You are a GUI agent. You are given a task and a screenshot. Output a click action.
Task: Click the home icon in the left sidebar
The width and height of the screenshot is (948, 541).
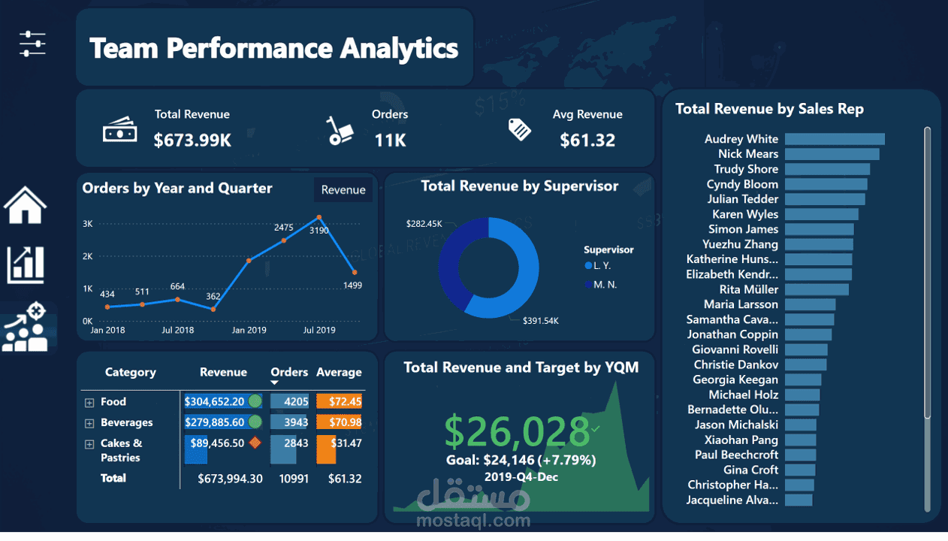pos(25,205)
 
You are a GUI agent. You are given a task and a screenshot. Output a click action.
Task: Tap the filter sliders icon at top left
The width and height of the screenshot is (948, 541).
pos(32,44)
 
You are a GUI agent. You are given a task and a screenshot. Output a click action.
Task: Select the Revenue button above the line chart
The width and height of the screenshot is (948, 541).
pos(343,190)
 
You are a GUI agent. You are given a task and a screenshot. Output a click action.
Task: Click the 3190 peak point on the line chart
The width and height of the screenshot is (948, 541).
pos(319,218)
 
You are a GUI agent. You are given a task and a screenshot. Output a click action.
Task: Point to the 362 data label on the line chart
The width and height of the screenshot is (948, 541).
pos(213,297)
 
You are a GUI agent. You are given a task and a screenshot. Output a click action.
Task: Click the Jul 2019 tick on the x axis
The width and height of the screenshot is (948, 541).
pos(319,330)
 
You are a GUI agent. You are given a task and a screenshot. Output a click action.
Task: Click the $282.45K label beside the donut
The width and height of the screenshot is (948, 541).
pos(424,224)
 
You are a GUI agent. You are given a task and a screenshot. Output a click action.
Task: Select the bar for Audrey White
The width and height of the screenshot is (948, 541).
pos(835,139)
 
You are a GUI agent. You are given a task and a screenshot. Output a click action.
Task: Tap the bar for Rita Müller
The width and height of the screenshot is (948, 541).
pos(817,289)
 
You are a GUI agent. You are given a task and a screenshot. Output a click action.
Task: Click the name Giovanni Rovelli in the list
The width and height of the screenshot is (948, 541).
pos(735,349)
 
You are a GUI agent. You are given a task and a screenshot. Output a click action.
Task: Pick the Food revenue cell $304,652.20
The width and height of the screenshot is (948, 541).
pos(214,401)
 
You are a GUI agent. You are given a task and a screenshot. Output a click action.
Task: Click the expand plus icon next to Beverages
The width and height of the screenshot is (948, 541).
pos(89,424)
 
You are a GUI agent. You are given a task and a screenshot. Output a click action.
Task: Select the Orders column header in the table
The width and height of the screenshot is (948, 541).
pos(289,372)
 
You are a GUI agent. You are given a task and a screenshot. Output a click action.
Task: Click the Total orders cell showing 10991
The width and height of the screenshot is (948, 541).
pos(293,479)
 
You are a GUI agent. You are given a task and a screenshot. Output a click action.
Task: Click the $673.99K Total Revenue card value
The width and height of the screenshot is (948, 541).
pos(192,140)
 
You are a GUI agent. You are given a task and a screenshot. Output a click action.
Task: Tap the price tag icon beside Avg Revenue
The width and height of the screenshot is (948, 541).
pos(519,129)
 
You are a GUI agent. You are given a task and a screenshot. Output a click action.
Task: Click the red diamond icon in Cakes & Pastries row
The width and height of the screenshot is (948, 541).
pos(255,443)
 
